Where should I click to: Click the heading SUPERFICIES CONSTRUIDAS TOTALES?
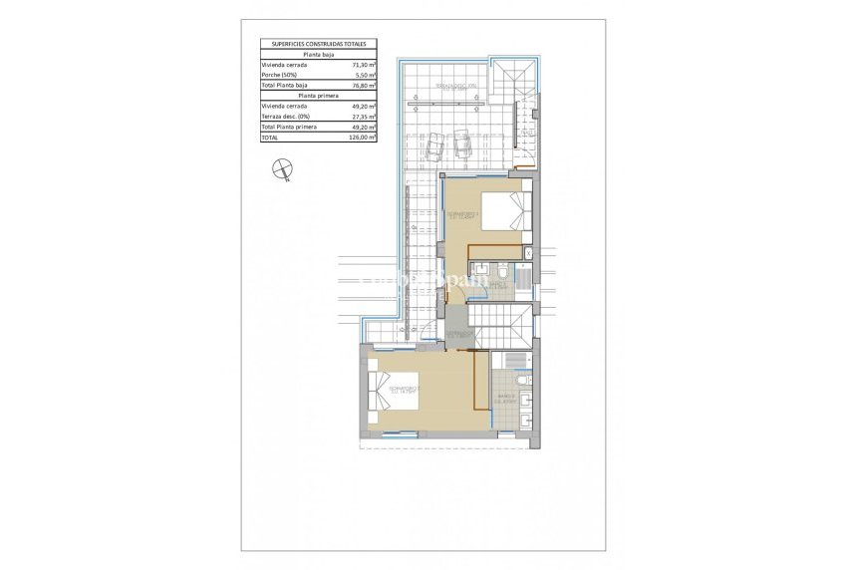click(318, 45)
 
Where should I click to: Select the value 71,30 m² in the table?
click(363, 64)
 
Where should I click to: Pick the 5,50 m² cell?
click(365, 75)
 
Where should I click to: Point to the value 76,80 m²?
click(363, 86)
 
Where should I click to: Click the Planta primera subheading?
click(318, 96)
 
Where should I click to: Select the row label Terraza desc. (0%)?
click(287, 117)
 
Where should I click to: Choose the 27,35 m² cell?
click(363, 117)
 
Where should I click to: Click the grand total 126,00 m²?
click(362, 138)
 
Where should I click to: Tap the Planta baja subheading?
click(318, 54)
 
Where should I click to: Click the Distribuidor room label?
click(458, 333)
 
